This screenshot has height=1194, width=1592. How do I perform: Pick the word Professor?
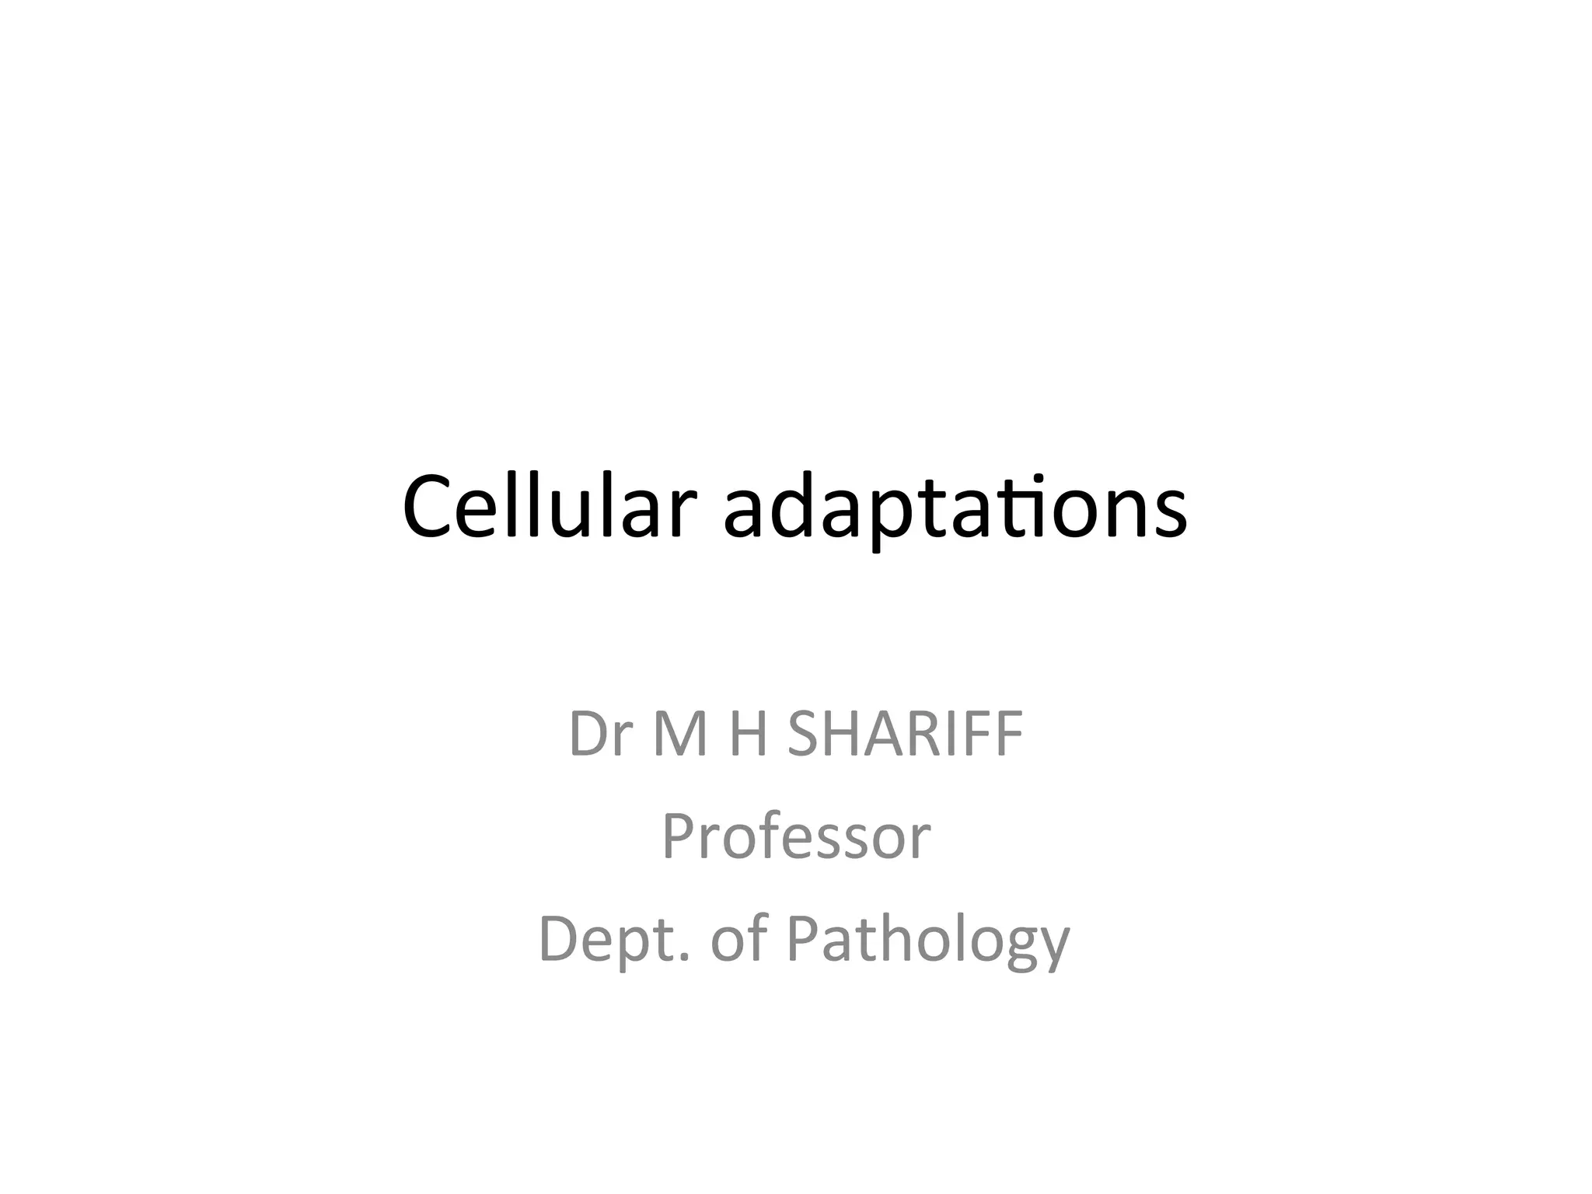point(796,836)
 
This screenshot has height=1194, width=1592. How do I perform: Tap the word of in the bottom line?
point(738,939)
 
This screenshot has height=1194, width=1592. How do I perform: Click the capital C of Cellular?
point(427,507)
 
